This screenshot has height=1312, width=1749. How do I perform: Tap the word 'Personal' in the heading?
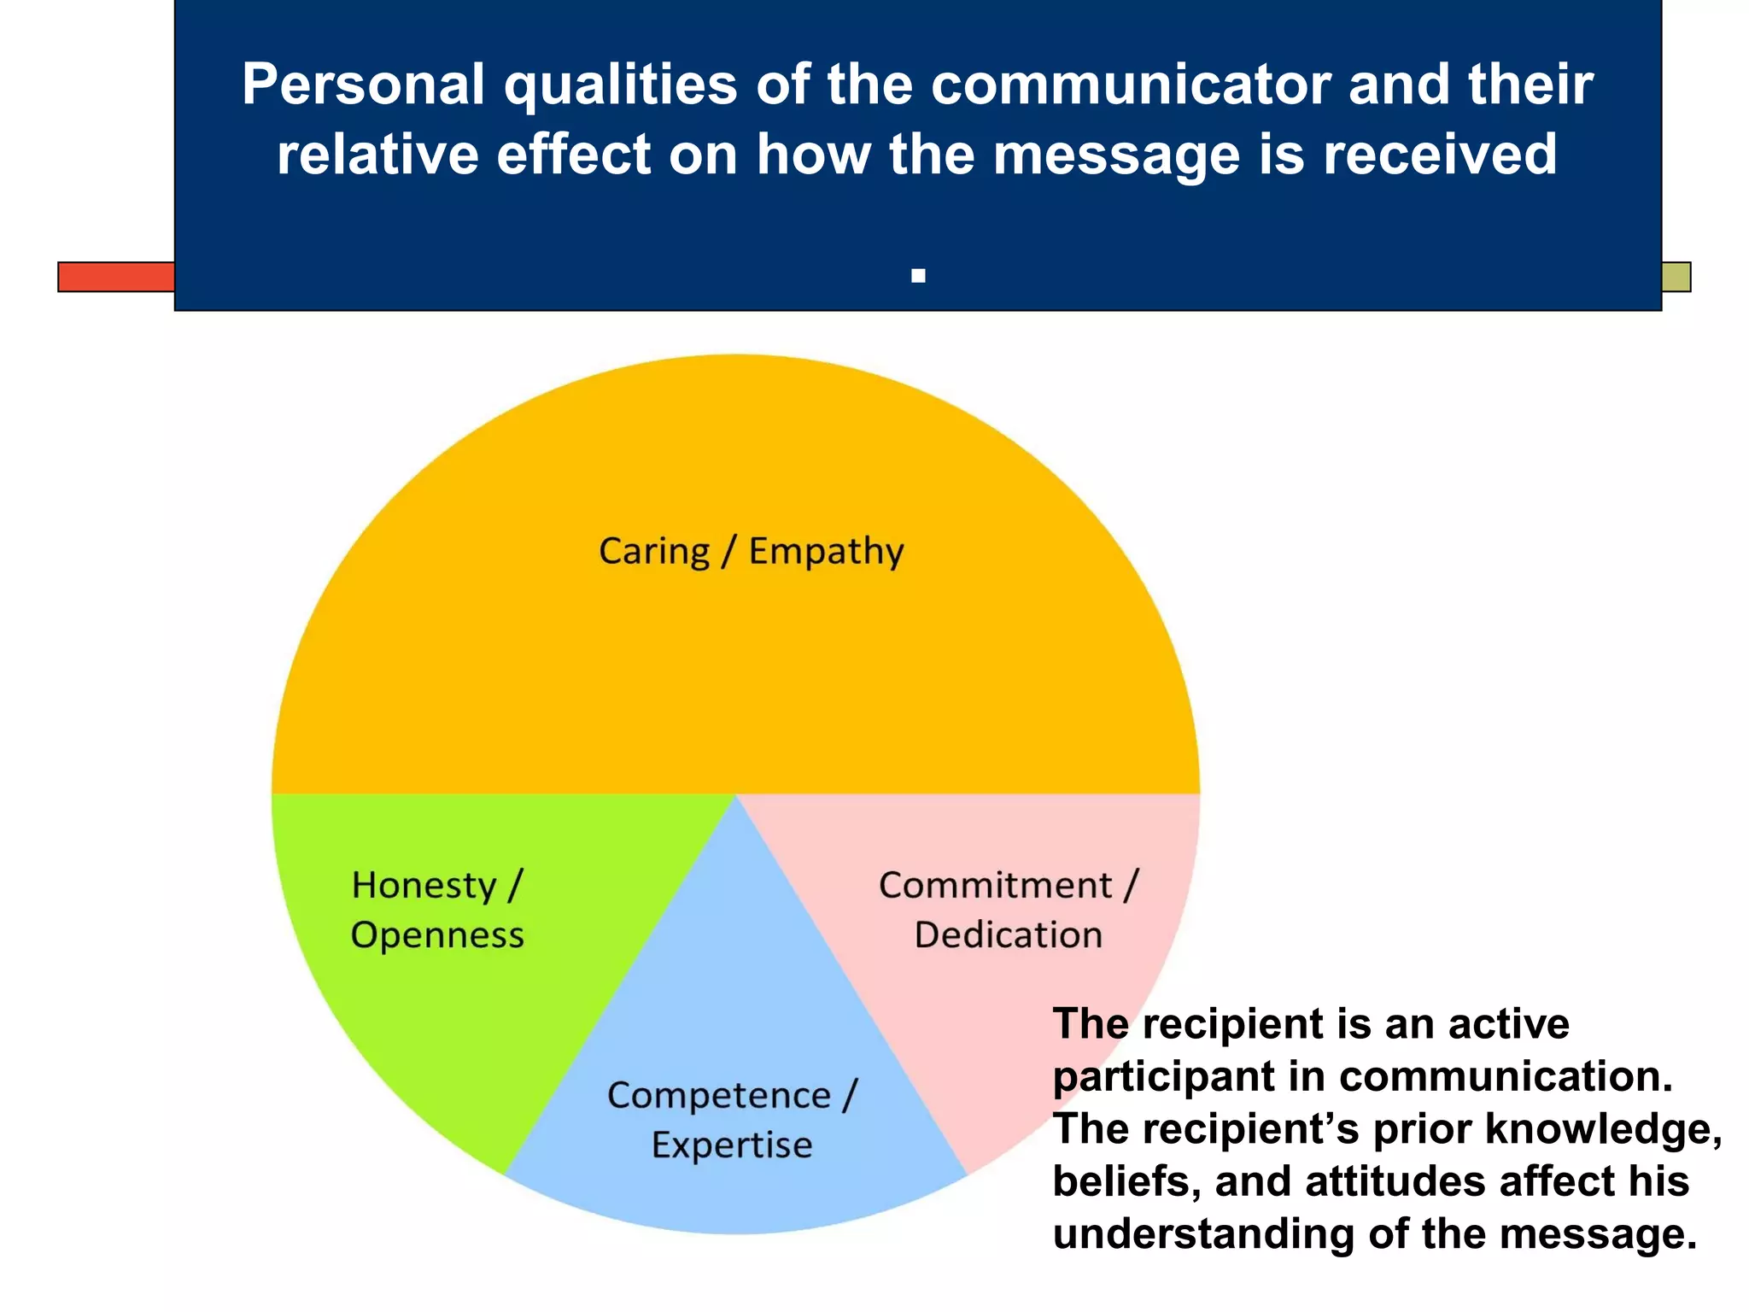tap(361, 85)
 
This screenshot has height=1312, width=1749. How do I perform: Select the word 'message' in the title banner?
tap(1115, 155)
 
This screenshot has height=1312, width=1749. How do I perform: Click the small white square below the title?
tap(918, 276)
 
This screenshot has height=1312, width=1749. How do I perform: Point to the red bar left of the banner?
tap(116, 277)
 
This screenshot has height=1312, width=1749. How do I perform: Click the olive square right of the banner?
tap(1676, 277)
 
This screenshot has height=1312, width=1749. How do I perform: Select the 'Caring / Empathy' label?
tap(751, 551)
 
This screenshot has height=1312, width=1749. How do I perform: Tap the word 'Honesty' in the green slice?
tap(424, 886)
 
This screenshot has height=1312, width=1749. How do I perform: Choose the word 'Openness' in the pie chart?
tap(437, 935)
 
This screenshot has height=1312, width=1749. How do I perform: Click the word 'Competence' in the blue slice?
tap(719, 1096)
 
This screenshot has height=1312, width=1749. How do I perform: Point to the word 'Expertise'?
tap(732, 1145)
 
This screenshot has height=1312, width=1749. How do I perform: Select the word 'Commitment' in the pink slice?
tap(996, 886)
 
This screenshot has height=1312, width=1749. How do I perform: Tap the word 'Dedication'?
tap(1008, 935)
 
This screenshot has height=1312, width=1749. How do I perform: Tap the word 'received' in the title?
tap(1440, 155)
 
